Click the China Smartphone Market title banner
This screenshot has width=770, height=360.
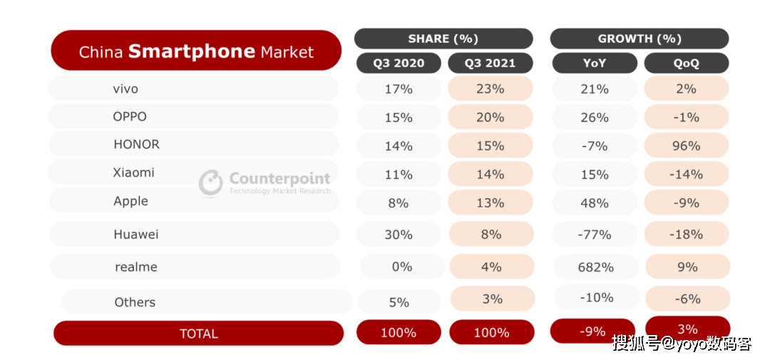(196, 50)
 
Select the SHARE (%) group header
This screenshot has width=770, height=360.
(443, 38)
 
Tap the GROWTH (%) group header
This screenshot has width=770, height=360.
(640, 38)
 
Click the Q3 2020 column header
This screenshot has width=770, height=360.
(399, 63)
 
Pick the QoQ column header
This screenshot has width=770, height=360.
(687, 63)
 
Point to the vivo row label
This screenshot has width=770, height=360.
(125, 89)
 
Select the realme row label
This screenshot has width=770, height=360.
(136, 267)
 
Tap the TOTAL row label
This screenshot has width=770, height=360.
(198, 334)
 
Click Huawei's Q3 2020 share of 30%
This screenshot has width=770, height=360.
(399, 235)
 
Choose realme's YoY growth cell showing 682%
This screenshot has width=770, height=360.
(597, 267)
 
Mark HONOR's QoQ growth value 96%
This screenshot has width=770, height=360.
(687, 146)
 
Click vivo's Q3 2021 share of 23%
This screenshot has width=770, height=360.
(491, 89)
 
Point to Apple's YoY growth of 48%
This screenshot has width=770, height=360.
(595, 203)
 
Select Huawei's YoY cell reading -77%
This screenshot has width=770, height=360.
(595, 235)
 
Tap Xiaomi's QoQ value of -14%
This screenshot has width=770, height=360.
(687, 175)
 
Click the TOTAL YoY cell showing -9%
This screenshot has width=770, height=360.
(592, 331)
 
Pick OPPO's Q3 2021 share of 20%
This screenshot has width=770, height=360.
(491, 118)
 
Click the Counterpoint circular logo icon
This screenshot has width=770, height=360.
(210, 182)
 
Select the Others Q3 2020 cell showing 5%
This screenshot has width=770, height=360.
(399, 302)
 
